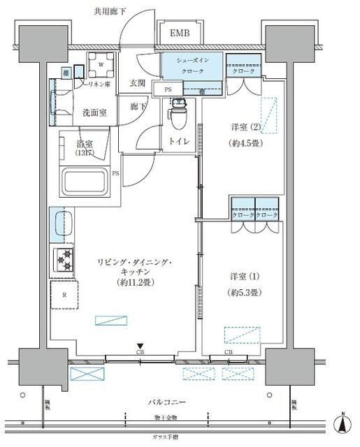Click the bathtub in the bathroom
click(x=86, y=184)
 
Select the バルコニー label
click(x=167, y=403)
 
